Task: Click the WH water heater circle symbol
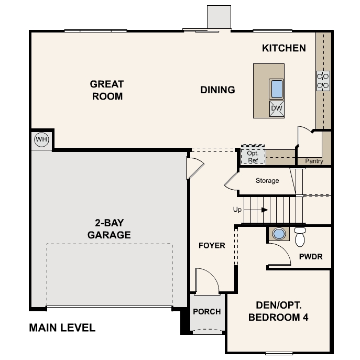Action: coord(41,140)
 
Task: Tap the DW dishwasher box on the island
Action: coord(277,109)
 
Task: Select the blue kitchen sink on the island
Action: coord(277,89)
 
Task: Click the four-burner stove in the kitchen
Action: coord(323,80)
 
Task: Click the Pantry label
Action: coord(314,161)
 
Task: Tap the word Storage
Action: coord(267,181)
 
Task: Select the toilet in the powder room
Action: coord(300,236)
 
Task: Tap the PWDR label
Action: coord(310,257)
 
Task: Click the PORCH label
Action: coord(206,311)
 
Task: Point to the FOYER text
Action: coord(212,245)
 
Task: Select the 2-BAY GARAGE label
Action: coord(109,229)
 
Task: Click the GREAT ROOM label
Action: coord(106,90)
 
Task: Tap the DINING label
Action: coord(217,90)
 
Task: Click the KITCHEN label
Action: coord(283,48)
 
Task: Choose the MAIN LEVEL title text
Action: coord(62,328)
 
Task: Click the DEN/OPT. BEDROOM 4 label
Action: coord(278,311)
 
